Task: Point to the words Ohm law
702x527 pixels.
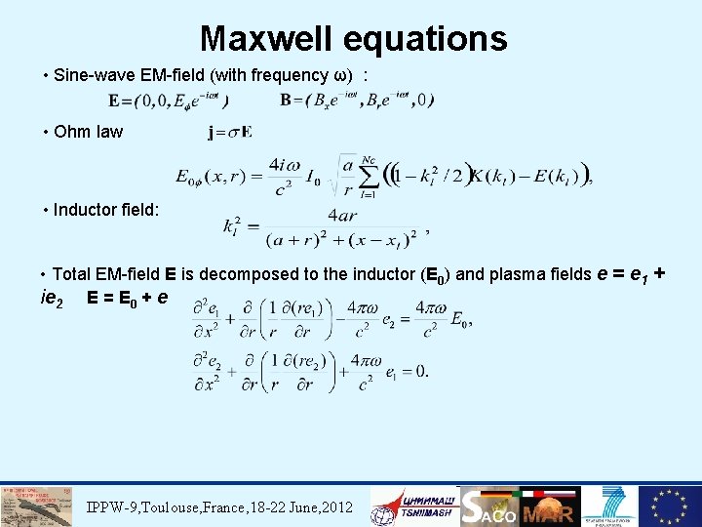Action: [89, 132]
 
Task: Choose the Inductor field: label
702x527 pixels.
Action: [108, 209]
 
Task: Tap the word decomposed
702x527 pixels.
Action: [252, 274]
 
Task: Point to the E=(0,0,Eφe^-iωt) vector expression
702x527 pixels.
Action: [170, 101]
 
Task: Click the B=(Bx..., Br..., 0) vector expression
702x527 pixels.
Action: [357, 100]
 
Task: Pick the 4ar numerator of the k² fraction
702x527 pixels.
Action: [342, 216]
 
